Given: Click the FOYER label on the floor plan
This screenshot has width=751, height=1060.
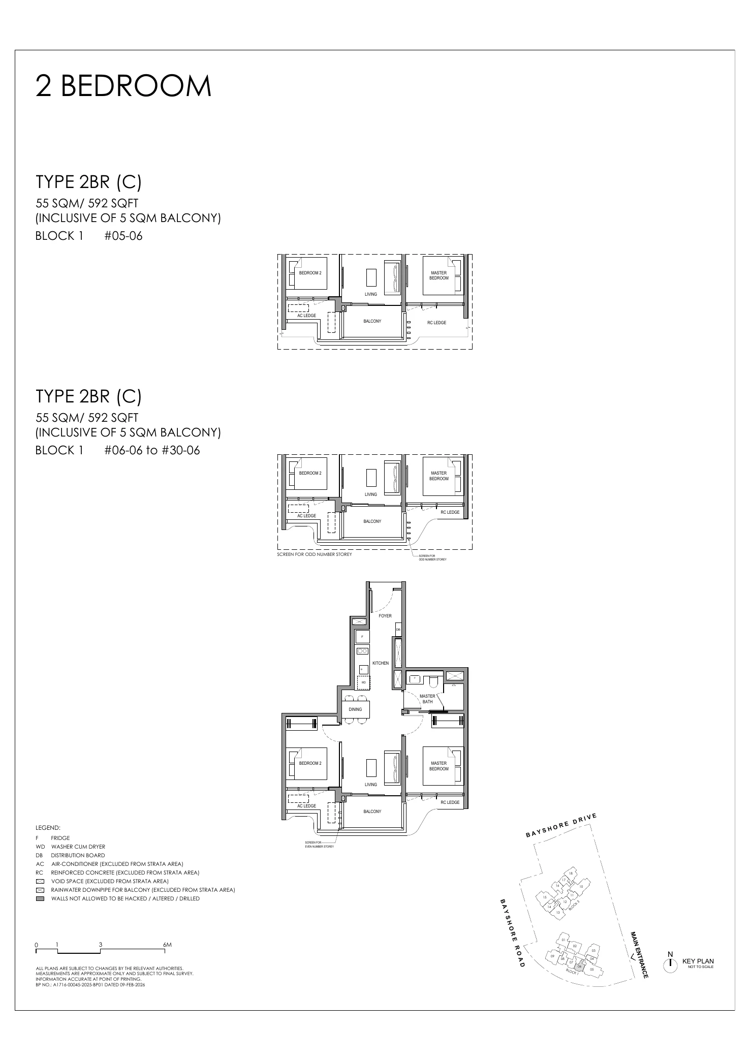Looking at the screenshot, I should click(x=385, y=616).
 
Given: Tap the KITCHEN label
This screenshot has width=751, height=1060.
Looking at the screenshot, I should click(x=381, y=663).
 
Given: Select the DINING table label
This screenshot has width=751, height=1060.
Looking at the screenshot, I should click(x=356, y=709).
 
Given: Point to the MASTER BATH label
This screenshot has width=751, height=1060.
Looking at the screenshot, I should click(x=427, y=699).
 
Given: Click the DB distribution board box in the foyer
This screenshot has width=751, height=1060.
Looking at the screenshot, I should click(x=398, y=630).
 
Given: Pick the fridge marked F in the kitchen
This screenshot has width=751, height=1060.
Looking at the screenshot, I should click(x=362, y=637).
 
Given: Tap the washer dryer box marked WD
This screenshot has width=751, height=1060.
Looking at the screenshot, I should click(x=364, y=682).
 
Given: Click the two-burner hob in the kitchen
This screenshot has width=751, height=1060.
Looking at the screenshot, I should click(x=363, y=651).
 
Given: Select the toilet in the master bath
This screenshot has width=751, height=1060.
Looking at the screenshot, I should click(x=433, y=679).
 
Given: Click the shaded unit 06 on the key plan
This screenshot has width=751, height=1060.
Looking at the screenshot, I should click(x=580, y=966).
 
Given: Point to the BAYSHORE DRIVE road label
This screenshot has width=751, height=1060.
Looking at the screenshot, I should click(x=560, y=826).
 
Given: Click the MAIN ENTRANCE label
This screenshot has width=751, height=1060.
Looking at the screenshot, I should click(x=639, y=955).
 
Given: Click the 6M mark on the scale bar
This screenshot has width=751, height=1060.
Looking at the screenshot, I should click(x=167, y=945).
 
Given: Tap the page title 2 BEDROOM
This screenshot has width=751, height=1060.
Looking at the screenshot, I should click(x=123, y=86).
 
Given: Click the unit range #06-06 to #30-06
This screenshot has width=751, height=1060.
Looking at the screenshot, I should click(x=152, y=450).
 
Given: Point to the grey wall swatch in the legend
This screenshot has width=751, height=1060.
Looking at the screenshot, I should click(x=40, y=898).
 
